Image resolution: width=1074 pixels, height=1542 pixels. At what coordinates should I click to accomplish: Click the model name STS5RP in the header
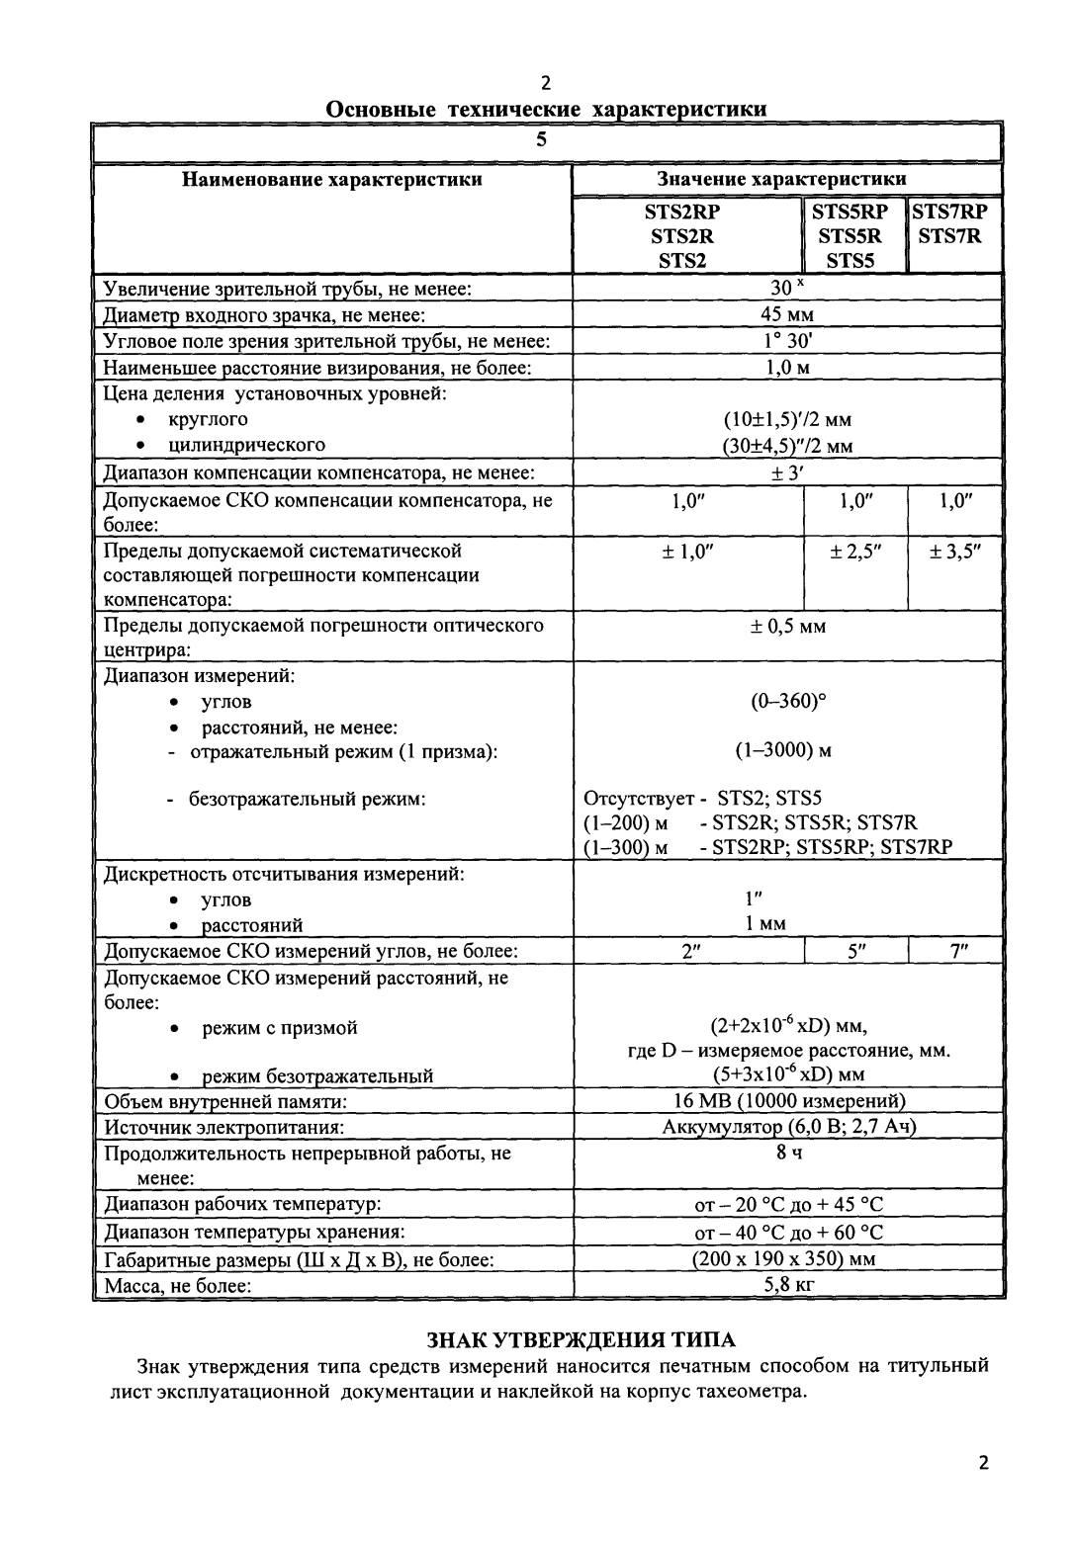(x=850, y=211)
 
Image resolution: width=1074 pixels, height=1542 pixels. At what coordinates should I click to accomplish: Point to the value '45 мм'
(x=787, y=315)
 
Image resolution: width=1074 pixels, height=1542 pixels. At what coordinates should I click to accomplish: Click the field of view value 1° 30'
(x=787, y=341)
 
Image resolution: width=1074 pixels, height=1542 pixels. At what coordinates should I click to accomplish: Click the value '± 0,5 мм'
(x=787, y=627)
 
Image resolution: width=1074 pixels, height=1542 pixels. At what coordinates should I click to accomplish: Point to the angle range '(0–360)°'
(x=787, y=702)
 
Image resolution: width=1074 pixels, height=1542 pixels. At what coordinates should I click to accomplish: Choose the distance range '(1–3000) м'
(x=783, y=750)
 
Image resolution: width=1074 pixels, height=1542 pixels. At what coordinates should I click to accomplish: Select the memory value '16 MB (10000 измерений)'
(x=787, y=1101)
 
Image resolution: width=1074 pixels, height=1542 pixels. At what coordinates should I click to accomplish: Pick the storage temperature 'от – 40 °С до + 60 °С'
(x=787, y=1233)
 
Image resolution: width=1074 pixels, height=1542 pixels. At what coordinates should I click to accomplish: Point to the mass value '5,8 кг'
(x=787, y=1285)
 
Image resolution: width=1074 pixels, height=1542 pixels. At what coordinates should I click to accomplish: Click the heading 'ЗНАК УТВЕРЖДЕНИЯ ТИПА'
(x=581, y=1340)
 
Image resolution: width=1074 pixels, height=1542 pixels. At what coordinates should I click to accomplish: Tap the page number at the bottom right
(x=982, y=1463)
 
